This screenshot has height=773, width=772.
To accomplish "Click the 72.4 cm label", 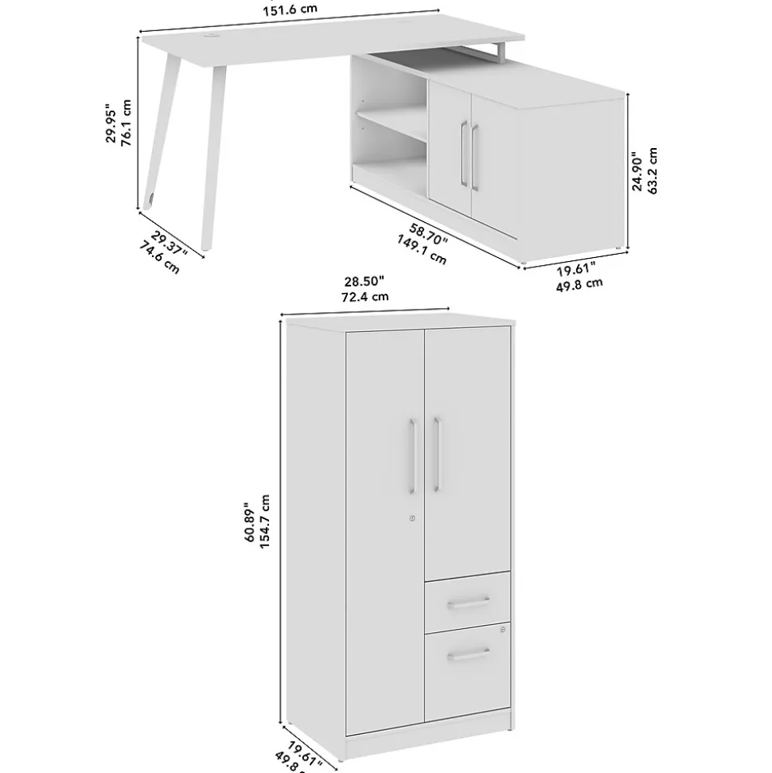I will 365,296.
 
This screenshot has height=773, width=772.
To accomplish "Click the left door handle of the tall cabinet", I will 412,455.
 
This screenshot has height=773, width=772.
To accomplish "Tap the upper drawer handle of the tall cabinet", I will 468,603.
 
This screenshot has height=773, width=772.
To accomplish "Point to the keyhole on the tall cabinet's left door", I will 412,518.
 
